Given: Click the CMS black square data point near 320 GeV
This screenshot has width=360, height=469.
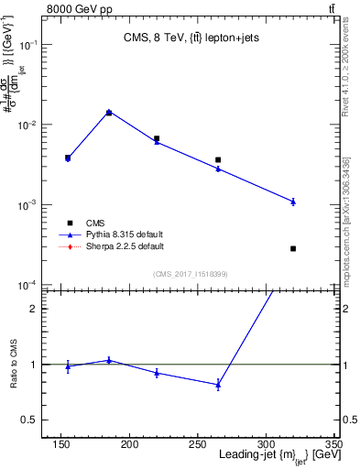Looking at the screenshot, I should [293, 248].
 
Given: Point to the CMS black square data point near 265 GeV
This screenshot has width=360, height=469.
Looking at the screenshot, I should [218, 160].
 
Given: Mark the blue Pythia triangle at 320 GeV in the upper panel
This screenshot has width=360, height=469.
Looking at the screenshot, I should [293, 202].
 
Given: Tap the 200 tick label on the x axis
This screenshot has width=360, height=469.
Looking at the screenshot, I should [130, 444].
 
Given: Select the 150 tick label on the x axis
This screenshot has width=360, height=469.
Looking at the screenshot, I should [62, 444].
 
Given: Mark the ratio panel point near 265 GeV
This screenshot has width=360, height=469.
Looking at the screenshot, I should [218, 385].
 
